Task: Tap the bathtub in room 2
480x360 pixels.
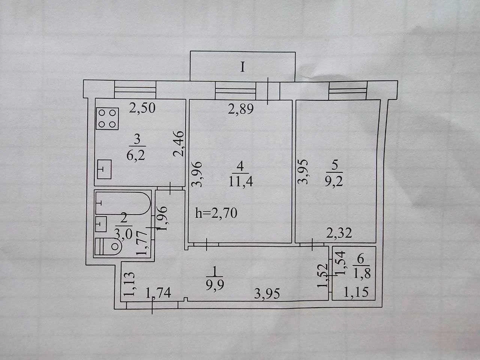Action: pyautogui.click(x=123, y=203)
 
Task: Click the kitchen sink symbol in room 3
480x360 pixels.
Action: pyautogui.click(x=104, y=169)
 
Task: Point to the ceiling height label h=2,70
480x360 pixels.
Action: pyautogui.click(x=216, y=213)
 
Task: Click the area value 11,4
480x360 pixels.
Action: pyautogui.click(x=240, y=181)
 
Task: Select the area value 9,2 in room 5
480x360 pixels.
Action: pyautogui.click(x=334, y=181)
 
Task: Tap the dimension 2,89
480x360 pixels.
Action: pyautogui.click(x=240, y=109)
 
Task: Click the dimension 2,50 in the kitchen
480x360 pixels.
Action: pyautogui.click(x=142, y=108)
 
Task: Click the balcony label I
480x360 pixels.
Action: pyautogui.click(x=242, y=67)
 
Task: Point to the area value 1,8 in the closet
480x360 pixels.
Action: pyautogui.click(x=362, y=273)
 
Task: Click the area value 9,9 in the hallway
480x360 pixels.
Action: pyautogui.click(x=215, y=285)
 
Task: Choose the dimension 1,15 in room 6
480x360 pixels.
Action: pyautogui.click(x=356, y=292)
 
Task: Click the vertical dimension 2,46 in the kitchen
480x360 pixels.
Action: pyautogui.click(x=178, y=144)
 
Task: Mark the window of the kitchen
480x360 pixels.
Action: pyautogui.click(x=135, y=89)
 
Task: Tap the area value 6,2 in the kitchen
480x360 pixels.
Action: pyautogui.click(x=136, y=156)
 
